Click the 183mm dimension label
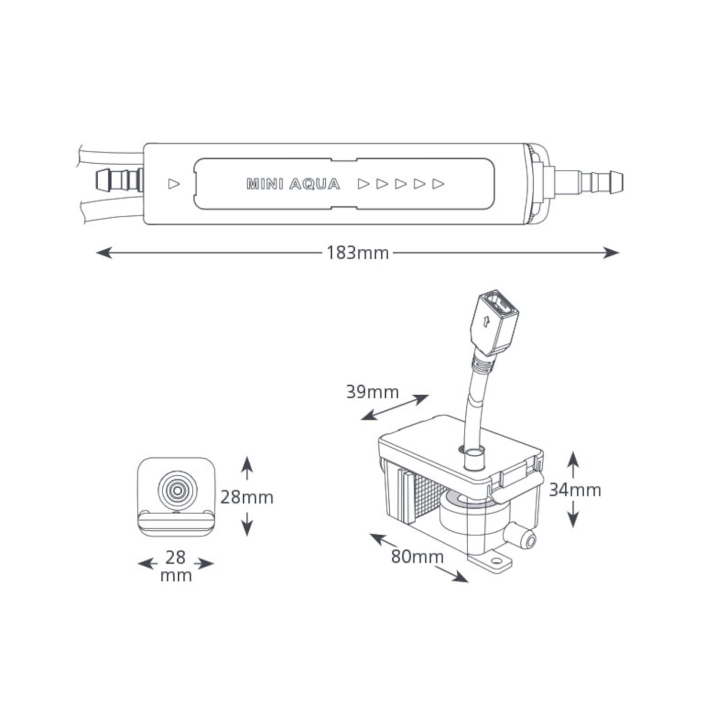pos(358,253)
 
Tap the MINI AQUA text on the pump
pos(293,184)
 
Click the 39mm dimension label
pos(373,392)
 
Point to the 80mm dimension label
pos(417,557)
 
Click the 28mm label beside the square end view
pos(247,498)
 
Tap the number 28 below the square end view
pos(176,557)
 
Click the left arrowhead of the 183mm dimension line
pos(104,252)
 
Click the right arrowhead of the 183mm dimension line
pos(611,252)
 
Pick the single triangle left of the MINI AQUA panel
pos(174,184)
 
